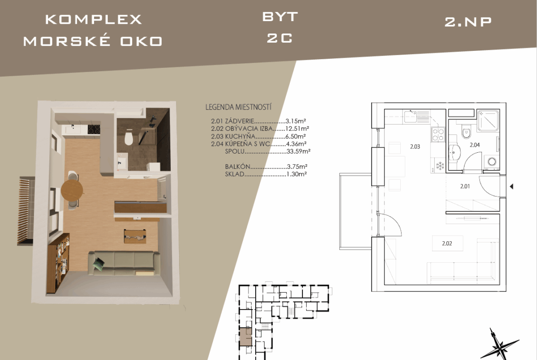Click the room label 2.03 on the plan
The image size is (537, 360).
point(415,146)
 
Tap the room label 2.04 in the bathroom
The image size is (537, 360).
point(474,145)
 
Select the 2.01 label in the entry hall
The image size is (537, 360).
point(465,187)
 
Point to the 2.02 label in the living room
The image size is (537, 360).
point(447,244)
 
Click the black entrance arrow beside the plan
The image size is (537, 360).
point(511,187)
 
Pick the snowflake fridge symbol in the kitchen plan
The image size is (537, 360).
point(440,166)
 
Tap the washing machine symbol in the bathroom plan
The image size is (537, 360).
point(492,161)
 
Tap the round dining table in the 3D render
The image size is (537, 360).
point(72,189)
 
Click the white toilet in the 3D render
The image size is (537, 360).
point(129,138)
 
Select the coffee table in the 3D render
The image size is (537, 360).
point(135,236)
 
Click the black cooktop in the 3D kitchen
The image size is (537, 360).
point(94,129)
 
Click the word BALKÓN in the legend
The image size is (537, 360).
point(237,166)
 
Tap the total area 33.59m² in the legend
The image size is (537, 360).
point(298,151)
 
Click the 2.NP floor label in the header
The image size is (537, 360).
point(468,22)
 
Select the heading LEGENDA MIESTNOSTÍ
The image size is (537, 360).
point(238,107)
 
